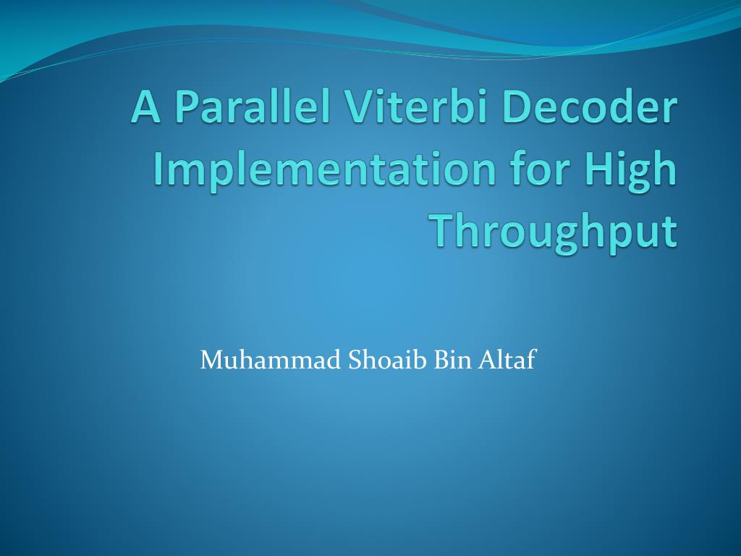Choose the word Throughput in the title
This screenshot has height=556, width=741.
point(555,231)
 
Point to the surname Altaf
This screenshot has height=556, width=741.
point(507,359)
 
